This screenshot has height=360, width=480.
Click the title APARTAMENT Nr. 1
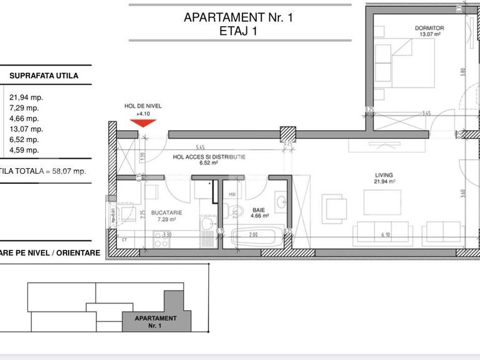pyautogui.click(x=238, y=17)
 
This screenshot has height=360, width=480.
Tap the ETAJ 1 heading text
pyautogui.click(x=238, y=32)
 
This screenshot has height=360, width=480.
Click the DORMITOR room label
pyautogui.click(x=429, y=29)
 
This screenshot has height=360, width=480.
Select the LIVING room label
pyautogui.click(x=385, y=175)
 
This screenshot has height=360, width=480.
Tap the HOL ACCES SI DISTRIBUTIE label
pyautogui.click(x=209, y=158)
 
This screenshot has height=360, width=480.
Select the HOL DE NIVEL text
pyautogui.click(x=143, y=107)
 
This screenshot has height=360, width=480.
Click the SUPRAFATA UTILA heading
pyautogui.click(x=44, y=76)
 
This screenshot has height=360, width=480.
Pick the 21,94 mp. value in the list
pyautogui.click(x=26, y=97)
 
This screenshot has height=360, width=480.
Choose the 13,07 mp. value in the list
pyautogui.click(x=26, y=129)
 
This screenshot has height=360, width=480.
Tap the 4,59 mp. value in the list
pyautogui.click(x=24, y=150)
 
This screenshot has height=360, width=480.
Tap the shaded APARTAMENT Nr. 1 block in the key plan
pyautogui.click(x=151, y=321)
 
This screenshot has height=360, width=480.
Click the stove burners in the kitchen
pyautogui.click(x=160, y=240)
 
